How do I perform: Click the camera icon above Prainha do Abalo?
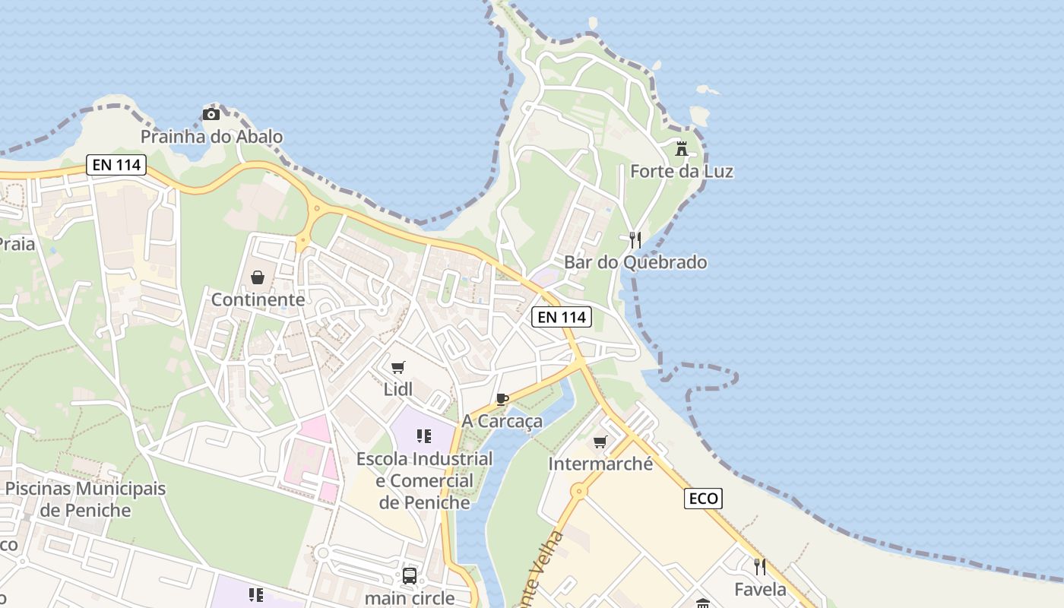point(211,115)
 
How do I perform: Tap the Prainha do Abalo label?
point(211,137)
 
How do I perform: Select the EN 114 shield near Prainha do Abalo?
point(116,164)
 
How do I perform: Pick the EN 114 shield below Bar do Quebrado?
point(561,317)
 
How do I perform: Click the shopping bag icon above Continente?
point(258,277)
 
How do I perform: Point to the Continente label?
point(258,299)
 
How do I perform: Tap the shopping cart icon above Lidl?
point(398,368)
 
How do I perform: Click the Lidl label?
point(398,389)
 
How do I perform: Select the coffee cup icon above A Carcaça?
point(502,399)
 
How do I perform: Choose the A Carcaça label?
point(502,421)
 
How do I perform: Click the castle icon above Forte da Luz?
point(682,148)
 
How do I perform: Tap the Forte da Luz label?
point(682,171)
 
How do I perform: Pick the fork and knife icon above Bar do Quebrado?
point(635,240)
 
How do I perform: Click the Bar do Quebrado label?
point(635,262)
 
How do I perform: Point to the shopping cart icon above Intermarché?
point(600,442)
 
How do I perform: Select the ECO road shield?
point(703,499)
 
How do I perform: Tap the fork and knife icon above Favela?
point(759,566)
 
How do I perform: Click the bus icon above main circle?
point(409,576)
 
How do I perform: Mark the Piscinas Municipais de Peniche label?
point(85,499)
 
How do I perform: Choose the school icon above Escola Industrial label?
point(424,436)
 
